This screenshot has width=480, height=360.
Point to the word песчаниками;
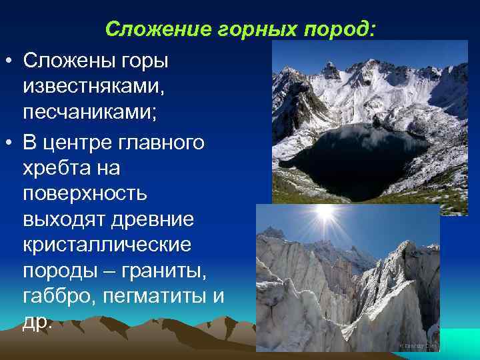(90, 111)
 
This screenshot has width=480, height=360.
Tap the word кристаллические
(107, 245)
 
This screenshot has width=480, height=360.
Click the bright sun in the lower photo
(325, 215)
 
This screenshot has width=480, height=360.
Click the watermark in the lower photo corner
(418, 345)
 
